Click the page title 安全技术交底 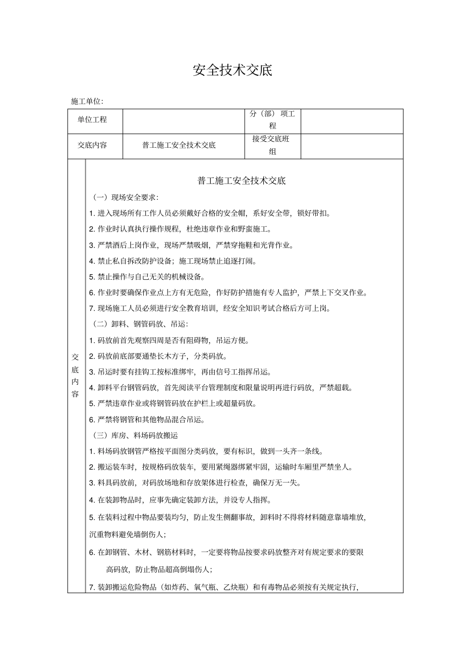233,70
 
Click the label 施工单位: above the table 87,101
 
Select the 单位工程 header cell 92,120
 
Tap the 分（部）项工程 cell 273,120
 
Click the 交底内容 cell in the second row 92,145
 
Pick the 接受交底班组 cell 272,145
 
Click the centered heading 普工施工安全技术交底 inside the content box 241,181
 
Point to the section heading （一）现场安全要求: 125,197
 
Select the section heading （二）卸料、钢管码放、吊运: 140,324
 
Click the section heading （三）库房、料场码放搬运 135,435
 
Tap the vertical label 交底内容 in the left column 75,375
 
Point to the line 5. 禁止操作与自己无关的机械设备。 148,277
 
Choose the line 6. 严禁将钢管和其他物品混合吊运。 147,420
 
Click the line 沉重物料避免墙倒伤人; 128,535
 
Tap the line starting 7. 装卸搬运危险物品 224,588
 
